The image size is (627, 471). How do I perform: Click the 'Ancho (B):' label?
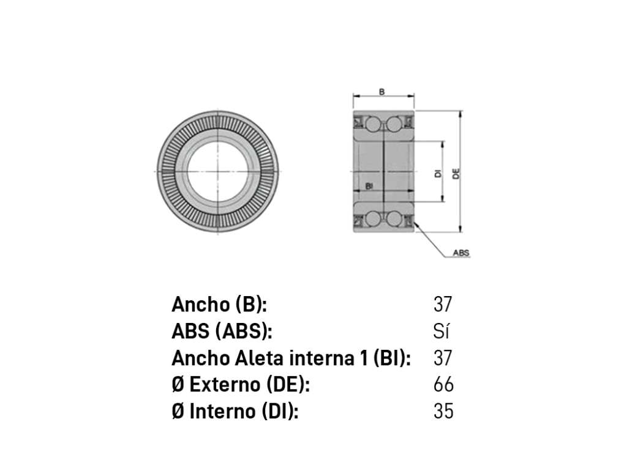coord(219,305)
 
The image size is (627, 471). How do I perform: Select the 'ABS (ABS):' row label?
coord(222,331)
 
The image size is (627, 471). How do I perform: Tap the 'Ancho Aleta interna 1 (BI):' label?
coord(291,358)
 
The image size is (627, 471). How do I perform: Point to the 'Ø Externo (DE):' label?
coord(241,385)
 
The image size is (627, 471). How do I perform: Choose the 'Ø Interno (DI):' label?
coord(235,412)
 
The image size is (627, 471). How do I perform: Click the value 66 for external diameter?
coord(443,385)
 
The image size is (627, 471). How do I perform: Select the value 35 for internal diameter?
coord(443,412)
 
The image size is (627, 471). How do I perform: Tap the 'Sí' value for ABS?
coord(441,331)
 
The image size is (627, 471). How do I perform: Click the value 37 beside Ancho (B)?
coord(443,305)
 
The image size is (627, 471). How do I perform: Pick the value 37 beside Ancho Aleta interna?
coord(443,358)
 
